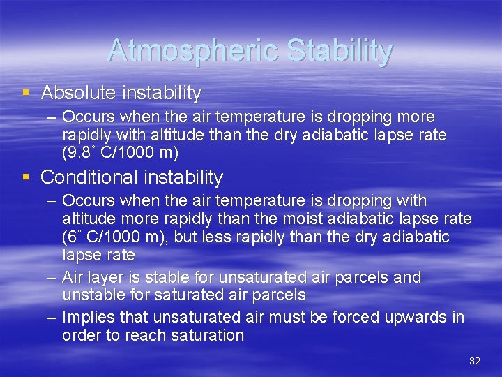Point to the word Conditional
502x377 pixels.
87,177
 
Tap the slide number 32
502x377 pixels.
475,361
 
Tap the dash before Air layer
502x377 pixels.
52,277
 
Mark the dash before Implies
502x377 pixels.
52,317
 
